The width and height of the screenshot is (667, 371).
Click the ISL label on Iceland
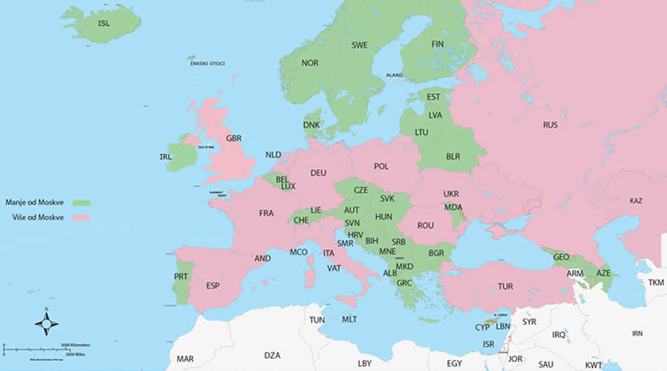(x=104, y=23)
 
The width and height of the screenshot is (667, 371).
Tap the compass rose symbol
(x=47, y=323)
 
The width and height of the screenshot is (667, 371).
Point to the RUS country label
(x=550, y=125)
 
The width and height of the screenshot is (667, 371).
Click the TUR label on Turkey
(x=505, y=286)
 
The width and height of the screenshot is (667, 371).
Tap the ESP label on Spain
(x=213, y=286)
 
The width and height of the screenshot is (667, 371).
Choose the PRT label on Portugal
(x=181, y=276)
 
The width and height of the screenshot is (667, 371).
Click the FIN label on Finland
(x=437, y=44)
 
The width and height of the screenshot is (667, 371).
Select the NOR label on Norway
(x=310, y=63)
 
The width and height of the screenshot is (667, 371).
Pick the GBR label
(x=233, y=139)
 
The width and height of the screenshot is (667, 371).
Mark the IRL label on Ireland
(x=166, y=157)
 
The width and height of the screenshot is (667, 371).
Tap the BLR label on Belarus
(x=453, y=157)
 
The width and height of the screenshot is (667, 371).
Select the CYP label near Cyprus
(x=482, y=327)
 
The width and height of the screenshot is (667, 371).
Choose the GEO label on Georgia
(x=561, y=257)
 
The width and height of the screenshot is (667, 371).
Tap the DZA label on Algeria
(x=272, y=355)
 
